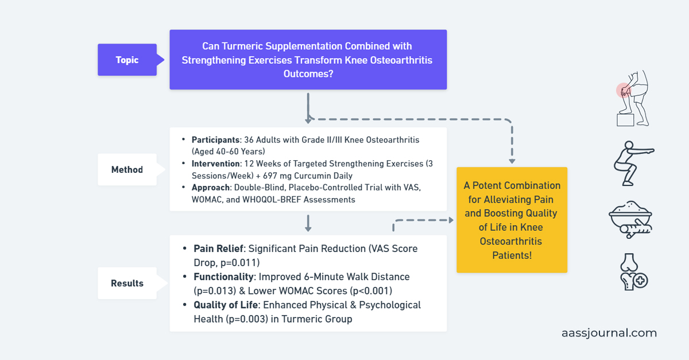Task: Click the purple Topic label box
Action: [127, 60]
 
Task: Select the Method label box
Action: [127, 169]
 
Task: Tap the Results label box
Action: [127, 283]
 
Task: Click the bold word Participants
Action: [215, 140]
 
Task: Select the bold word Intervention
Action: [215, 164]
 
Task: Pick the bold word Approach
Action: [210, 188]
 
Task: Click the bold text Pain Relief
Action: [219, 249]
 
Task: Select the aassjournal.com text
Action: [609, 333]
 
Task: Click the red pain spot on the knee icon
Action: [623, 90]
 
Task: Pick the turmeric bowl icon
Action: [631, 218]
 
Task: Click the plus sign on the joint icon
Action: [641, 281]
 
